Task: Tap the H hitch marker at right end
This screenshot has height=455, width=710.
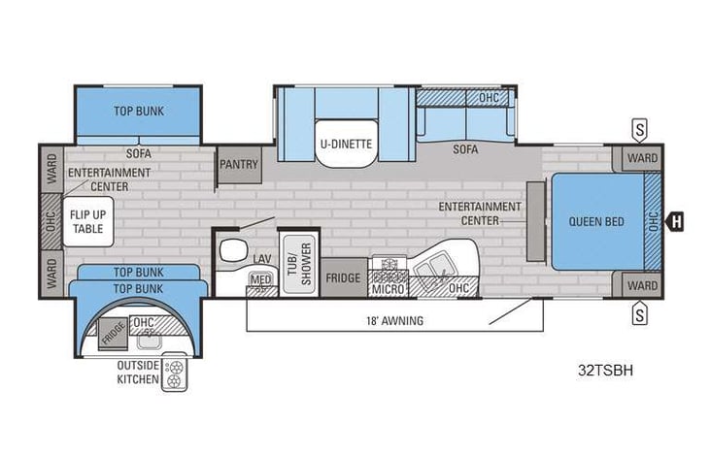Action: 677,221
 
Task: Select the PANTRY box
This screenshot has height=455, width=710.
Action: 238,165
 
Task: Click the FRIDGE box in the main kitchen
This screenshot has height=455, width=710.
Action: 344,278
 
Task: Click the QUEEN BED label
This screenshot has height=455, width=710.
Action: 596,221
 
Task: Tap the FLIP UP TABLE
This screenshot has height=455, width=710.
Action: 89,221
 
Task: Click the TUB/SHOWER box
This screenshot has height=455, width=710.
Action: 297,262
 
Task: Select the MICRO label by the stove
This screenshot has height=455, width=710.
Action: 389,289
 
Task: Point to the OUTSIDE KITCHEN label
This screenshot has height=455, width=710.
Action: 137,372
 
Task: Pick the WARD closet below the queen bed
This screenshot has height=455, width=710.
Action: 641,285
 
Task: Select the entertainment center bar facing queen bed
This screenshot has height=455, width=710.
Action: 533,220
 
